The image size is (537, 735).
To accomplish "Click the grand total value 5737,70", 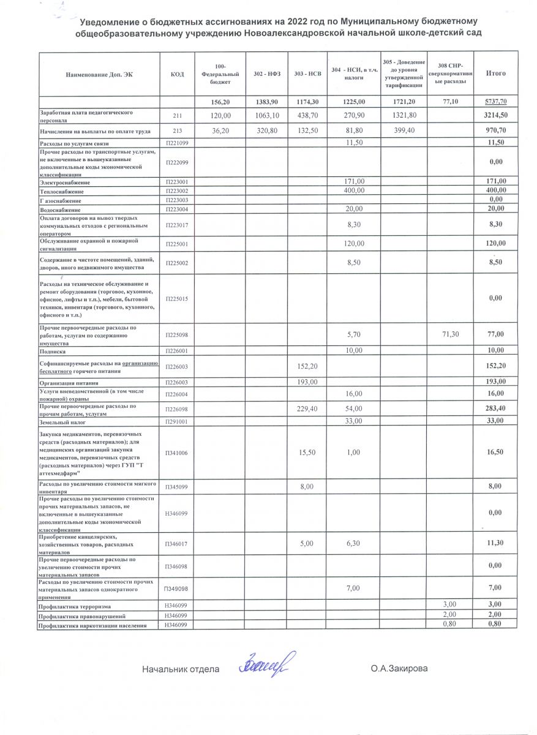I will (x=495, y=102).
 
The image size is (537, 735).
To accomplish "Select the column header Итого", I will (x=495, y=73).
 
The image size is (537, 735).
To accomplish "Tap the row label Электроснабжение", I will (x=64, y=183).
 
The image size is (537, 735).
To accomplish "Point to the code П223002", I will (x=178, y=192).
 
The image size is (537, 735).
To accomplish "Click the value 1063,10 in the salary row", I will (x=266, y=116).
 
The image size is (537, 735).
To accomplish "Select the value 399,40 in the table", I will (x=404, y=131).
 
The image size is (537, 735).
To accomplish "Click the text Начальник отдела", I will (x=181, y=669).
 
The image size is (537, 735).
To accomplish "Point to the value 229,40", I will (x=307, y=408).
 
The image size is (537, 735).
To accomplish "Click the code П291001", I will (x=178, y=422).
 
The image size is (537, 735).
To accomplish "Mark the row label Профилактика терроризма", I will (x=75, y=606).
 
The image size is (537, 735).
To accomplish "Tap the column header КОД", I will (x=178, y=74).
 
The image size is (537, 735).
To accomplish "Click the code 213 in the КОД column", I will (x=178, y=131).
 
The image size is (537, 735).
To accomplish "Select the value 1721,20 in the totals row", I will (x=404, y=102).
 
